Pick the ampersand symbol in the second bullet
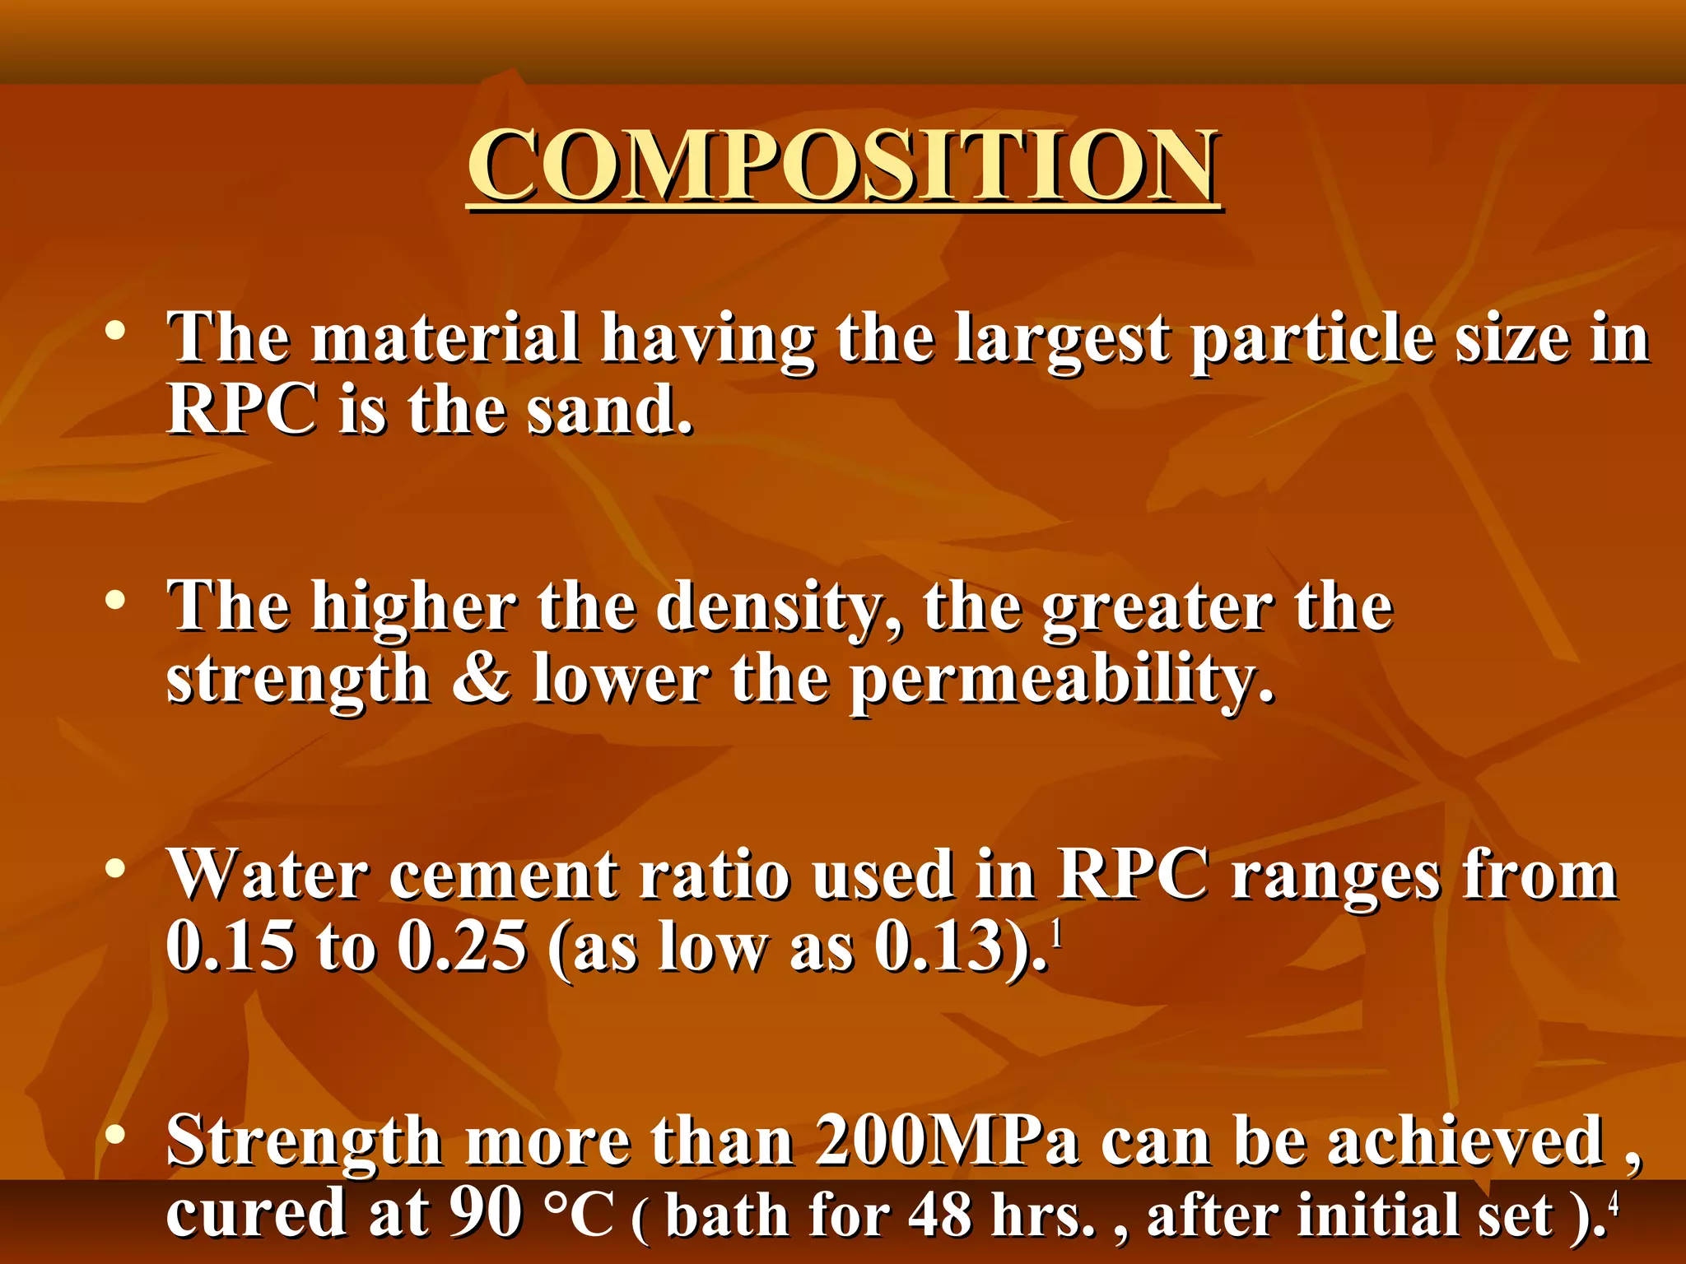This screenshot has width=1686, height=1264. tap(482, 679)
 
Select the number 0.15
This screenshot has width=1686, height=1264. tap(231, 946)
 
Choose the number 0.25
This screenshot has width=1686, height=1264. tap(462, 946)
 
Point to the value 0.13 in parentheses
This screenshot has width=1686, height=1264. tap(938, 946)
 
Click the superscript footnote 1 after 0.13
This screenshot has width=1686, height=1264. tap(1056, 936)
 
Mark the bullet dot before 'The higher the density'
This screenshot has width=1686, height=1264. tap(115, 599)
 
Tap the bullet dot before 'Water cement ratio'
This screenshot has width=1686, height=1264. tap(115, 867)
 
